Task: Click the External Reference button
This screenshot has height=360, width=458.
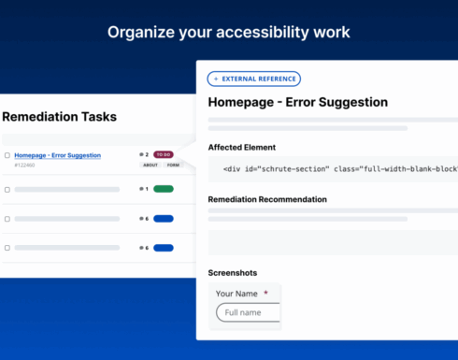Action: [x=254, y=79]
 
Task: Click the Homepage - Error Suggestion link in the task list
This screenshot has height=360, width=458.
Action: [x=58, y=155]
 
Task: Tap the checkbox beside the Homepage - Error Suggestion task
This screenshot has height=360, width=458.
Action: [x=7, y=155]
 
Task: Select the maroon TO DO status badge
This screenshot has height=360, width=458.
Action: [x=164, y=154]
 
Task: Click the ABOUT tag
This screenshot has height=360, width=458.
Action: [x=150, y=165]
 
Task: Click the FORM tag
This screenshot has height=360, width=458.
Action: [x=173, y=165]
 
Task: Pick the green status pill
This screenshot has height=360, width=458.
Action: [x=164, y=189]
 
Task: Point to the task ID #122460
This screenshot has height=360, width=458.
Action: [x=24, y=166]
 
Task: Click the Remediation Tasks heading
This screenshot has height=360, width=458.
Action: [x=59, y=117]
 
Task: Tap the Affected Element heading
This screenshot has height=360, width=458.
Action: [x=241, y=147]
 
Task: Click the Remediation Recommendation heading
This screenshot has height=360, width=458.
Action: [x=267, y=199]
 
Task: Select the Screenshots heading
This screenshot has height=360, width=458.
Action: [x=232, y=272]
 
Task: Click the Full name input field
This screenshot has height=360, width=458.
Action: [x=249, y=312]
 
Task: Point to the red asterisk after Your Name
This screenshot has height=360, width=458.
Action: [x=265, y=294]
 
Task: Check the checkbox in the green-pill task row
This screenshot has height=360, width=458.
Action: [x=7, y=189]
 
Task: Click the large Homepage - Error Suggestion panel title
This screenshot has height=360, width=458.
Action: [x=297, y=102]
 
